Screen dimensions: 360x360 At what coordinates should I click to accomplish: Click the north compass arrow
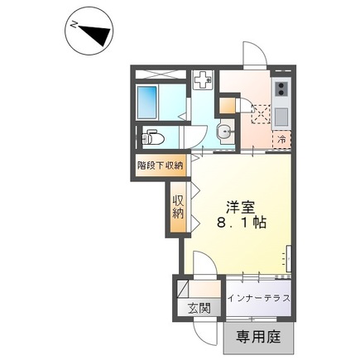pyautogui.click(x=98, y=32)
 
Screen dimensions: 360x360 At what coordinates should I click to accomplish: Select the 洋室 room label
pyautogui.click(x=240, y=207)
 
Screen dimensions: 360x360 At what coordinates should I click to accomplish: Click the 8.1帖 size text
pyautogui.click(x=242, y=223)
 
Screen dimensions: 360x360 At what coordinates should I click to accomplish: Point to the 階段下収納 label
pyautogui.click(x=161, y=166)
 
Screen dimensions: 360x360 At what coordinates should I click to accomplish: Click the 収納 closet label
pyautogui.click(x=178, y=207)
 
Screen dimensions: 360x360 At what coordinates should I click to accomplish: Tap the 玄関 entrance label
pyautogui.click(x=199, y=309)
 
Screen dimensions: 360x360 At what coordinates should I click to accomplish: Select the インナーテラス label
pyautogui.click(x=258, y=298)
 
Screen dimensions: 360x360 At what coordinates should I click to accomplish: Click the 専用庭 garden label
pyautogui.click(x=258, y=337)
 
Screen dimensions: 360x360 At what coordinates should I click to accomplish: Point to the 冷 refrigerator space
pyautogui.click(x=281, y=140)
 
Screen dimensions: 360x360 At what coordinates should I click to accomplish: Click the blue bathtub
pyautogui.click(x=147, y=102)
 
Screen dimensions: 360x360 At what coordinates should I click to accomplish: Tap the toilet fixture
pyautogui.click(x=152, y=137)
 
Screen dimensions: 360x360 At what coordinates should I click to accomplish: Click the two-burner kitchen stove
pyautogui.click(x=281, y=89)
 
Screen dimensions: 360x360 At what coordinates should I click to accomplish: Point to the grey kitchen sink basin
pyautogui.click(x=281, y=117)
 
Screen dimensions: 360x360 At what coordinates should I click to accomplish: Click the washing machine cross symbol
pyautogui.click(x=203, y=79)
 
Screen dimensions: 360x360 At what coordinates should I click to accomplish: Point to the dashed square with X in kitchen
pyautogui.click(x=261, y=114)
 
